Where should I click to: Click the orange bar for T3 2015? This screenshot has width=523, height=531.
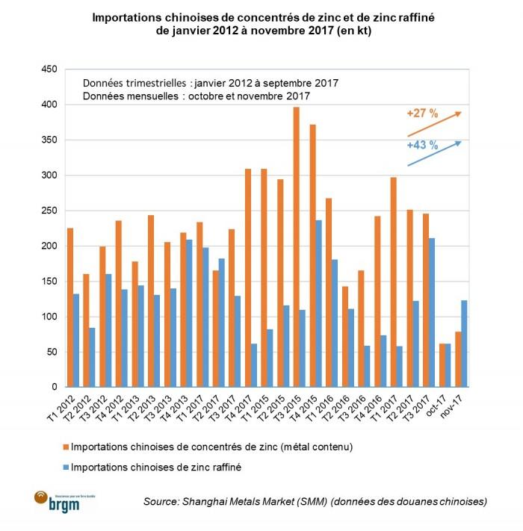click(x=297, y=247)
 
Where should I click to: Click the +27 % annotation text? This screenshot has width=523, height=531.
click(x=422, y=114)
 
